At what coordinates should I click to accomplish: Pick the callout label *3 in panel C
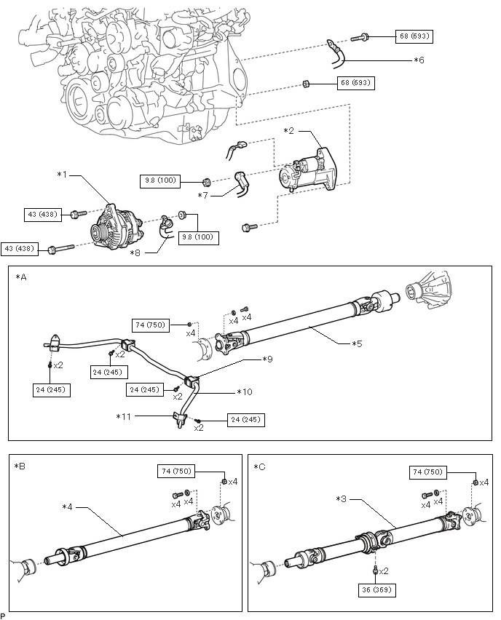point(342,499)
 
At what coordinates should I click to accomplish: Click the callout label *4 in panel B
point(68,506)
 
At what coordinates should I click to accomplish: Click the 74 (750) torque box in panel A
point(151,325)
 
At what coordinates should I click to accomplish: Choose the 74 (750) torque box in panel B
point(176,472)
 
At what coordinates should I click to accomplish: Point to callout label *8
point(135,253)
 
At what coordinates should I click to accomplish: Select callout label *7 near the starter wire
point(205,195)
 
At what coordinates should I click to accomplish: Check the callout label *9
point(268,359)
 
